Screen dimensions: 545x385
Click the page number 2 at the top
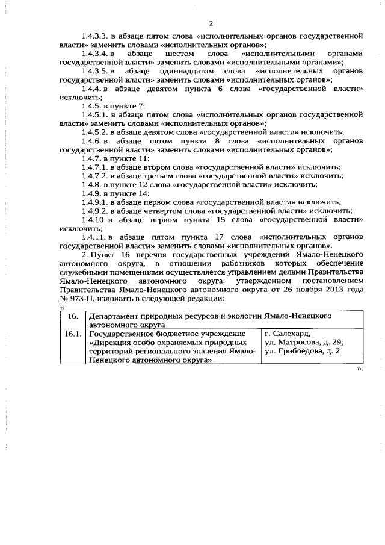coord(211,23)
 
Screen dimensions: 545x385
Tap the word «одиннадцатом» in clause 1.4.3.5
coord(182,72)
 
